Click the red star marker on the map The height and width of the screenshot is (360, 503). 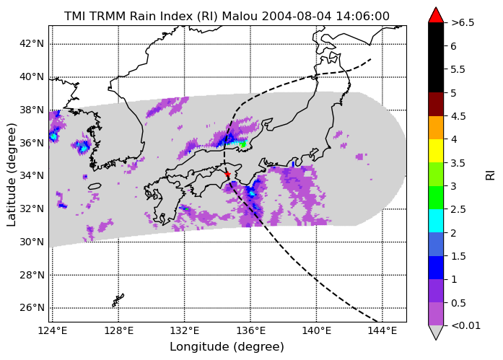[x=227, y=174]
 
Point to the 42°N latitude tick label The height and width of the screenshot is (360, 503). [x=32, y=43]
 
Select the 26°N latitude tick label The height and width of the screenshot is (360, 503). [x=32, y=308]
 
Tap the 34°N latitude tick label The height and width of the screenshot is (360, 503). [x=32, y=176]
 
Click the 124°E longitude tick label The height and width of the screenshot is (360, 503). [x=53, y=330]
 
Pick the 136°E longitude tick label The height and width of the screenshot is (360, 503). [x=250, y=330]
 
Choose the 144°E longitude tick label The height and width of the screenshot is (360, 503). [x=382, y=330]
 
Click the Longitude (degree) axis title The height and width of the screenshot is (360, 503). [x=227, y=346]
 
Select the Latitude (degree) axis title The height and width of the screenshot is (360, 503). [x=12, y=175]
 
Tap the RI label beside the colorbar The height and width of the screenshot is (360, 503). [x=490, y=175]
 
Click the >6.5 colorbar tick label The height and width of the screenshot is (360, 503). [x=463, y=23]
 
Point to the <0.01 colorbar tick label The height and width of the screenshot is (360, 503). [x=465, y=325]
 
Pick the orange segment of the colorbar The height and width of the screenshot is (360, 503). [x=436, y=128]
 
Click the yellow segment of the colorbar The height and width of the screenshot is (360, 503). [x=436, y=151]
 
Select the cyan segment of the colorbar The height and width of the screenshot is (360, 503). [x=436, y=221]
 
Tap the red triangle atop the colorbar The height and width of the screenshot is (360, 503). [x=436, y=16]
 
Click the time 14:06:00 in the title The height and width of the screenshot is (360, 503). [x=362, y=16]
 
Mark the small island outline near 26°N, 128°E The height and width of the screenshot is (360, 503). [x=118, y=300]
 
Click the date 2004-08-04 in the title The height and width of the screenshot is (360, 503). [x=297, y=16]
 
